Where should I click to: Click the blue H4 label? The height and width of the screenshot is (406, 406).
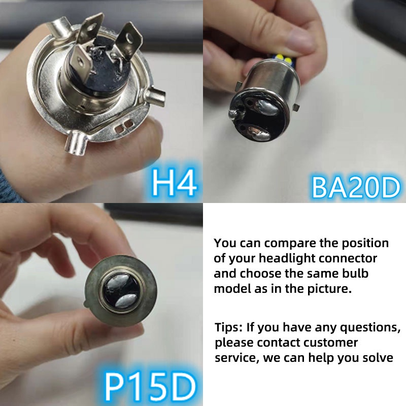click(174, 183)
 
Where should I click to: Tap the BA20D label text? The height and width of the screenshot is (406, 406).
click(355, 186)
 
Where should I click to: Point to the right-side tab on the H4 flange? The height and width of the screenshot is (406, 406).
click(157, 94)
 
